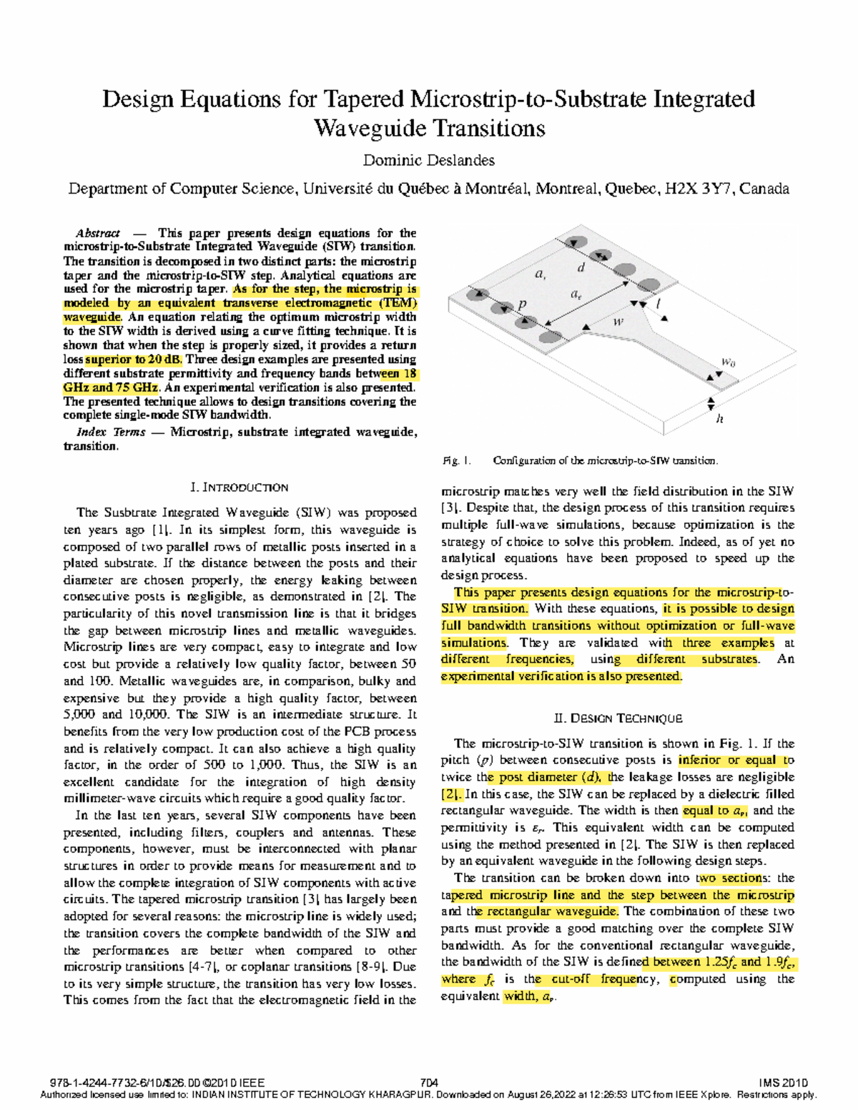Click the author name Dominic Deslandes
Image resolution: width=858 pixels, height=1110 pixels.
(428, 160)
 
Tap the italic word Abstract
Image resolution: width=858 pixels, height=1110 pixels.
(98, 233)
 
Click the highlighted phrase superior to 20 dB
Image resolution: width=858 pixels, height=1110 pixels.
(134, 360)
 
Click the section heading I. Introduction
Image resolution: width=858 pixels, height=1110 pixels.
(240, 487)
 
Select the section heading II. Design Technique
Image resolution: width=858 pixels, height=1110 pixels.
(618, 718)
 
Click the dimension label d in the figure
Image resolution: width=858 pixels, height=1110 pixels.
(581, 268)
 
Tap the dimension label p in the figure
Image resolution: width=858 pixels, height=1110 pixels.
(522, 304)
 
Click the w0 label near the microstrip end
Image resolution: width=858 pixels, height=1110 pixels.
(728, 362)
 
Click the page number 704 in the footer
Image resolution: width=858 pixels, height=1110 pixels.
(429, 1083)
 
